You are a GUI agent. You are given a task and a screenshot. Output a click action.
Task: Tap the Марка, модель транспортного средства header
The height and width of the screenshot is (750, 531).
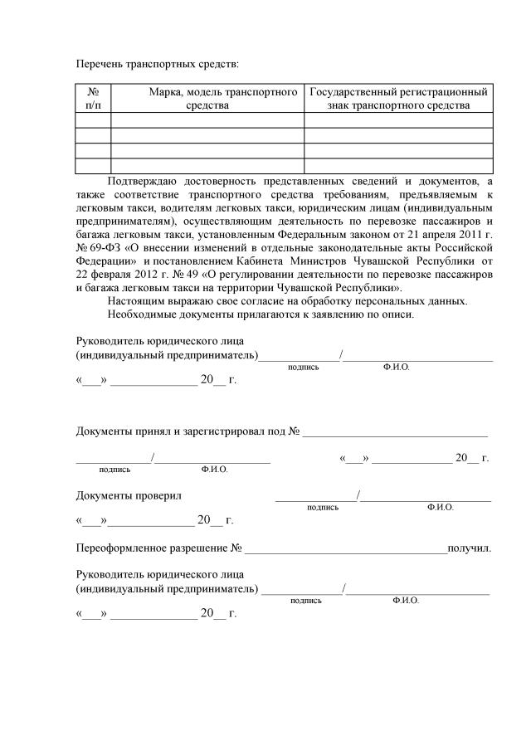207,98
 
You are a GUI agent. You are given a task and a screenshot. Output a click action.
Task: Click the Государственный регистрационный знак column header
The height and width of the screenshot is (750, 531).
398,98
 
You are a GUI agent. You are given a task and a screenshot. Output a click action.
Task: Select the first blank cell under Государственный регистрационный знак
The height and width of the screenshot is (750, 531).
398,120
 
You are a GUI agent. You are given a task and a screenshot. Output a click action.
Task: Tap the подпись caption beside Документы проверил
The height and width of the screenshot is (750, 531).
323,507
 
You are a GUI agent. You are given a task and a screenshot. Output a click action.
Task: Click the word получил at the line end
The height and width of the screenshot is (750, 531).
469,548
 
